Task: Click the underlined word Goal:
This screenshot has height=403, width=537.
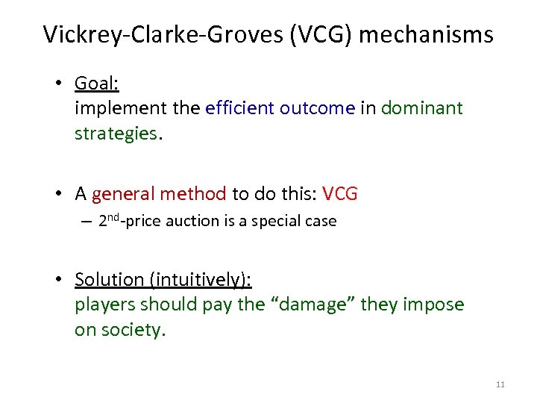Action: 97,84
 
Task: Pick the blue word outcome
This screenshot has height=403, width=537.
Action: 318,108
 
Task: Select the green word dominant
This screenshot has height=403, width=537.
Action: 422,108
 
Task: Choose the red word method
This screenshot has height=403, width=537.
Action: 192,194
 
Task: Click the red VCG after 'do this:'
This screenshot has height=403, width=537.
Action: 340,194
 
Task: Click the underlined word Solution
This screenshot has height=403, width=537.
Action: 109,280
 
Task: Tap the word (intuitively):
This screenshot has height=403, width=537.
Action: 201,280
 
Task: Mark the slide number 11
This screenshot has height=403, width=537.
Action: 500,384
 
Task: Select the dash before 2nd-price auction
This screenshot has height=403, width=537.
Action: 87,222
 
